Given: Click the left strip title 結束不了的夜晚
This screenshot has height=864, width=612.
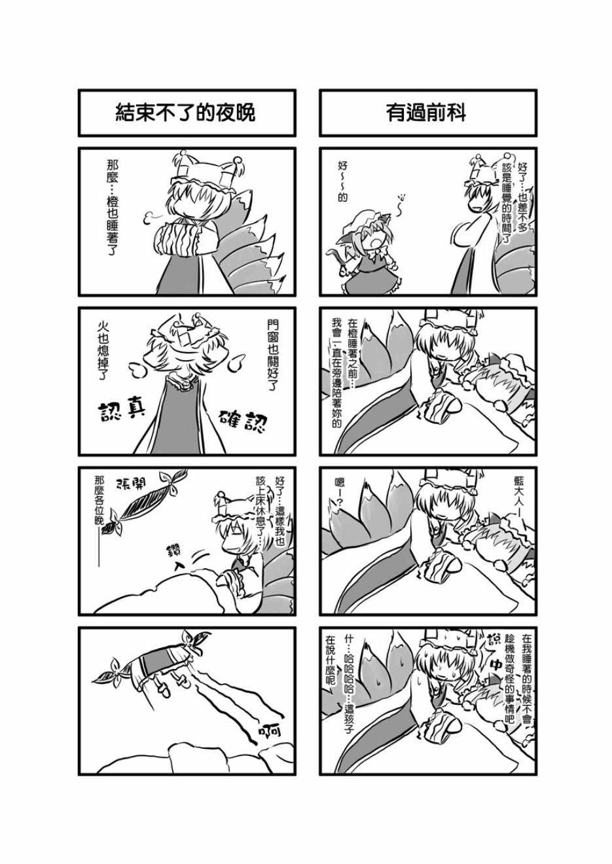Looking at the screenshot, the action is tap(185, 113).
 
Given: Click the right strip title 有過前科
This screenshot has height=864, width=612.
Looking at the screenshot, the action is tap(426, 113).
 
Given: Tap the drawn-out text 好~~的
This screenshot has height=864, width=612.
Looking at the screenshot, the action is tap(342, 182).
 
